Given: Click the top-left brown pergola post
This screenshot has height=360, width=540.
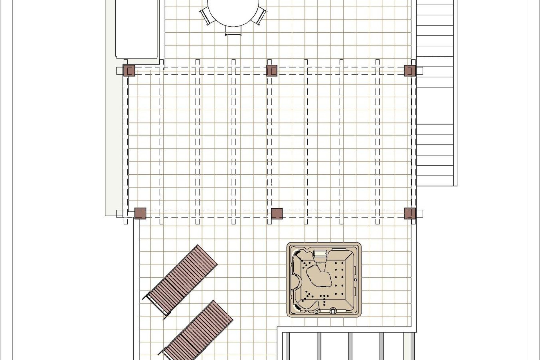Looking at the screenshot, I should [129, 71].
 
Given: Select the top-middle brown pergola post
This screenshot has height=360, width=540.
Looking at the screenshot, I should [272, 71].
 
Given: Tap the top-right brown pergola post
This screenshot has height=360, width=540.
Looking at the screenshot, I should [410, 71].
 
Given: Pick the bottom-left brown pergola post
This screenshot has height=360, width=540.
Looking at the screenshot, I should [140, 213].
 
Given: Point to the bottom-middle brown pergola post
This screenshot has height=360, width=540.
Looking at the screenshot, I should [277, 213].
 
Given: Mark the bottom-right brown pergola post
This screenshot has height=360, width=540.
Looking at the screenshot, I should [410, 213].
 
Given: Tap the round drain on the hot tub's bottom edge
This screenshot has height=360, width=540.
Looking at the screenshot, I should [334, 311].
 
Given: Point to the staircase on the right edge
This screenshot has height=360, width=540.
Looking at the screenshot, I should [436, 93].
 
